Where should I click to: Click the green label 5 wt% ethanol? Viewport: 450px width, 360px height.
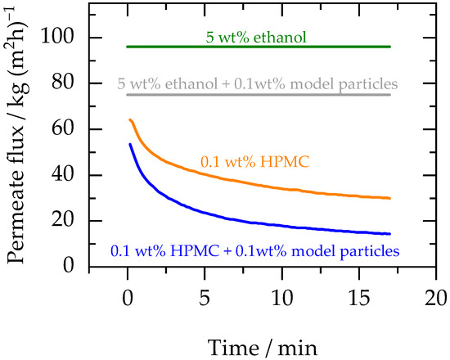257,36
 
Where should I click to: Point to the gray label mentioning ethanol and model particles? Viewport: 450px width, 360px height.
259,83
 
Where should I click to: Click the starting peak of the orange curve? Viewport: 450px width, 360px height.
129,119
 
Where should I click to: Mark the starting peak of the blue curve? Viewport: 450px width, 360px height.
129,144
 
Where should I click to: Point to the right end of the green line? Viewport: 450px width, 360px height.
389,47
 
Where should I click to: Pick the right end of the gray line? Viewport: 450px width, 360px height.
389,94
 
